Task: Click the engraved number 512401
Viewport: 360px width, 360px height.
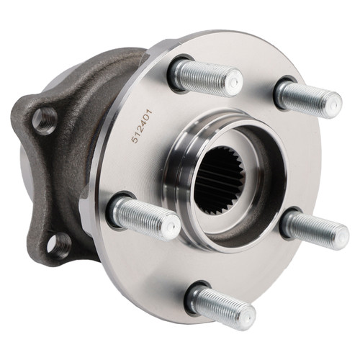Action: tap(141, 127)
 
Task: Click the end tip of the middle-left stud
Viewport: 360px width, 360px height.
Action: tap(171, 228)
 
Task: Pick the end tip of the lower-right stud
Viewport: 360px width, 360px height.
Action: tap(341, 235)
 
